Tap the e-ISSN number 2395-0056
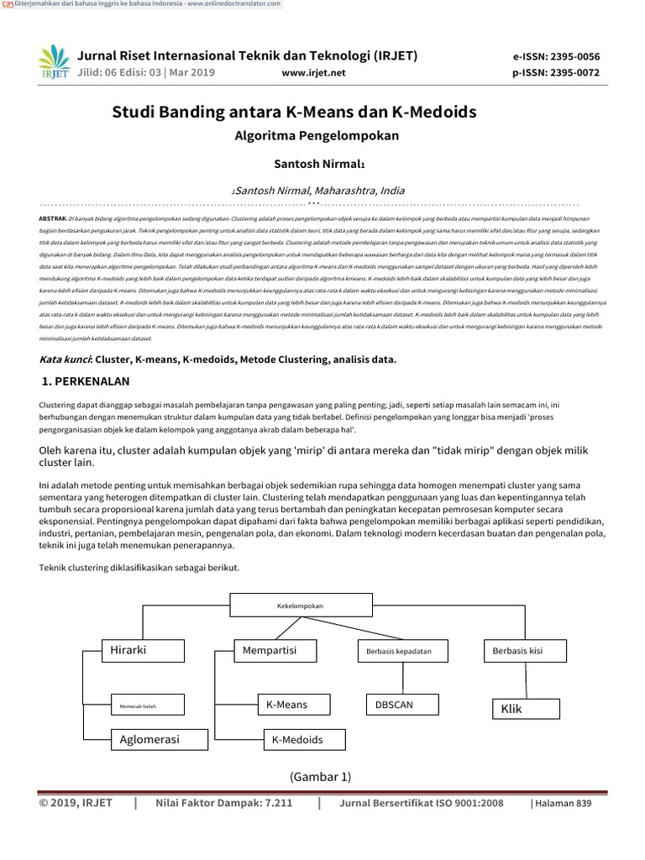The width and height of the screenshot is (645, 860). click(573, 57)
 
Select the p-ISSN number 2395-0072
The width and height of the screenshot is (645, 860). click(573, 73)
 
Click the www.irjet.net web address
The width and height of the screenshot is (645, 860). click(315, 73)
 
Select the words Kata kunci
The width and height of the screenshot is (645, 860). click(66, 359)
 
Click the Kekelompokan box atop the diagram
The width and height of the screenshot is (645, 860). click(299, 606)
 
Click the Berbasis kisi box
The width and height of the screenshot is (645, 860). click(522, 650)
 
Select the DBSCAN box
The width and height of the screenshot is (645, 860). click(402, 705)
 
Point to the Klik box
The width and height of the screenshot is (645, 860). click(525, 709)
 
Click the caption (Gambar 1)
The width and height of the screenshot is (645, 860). click(321, 776)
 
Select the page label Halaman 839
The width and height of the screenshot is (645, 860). click(564, 804)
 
